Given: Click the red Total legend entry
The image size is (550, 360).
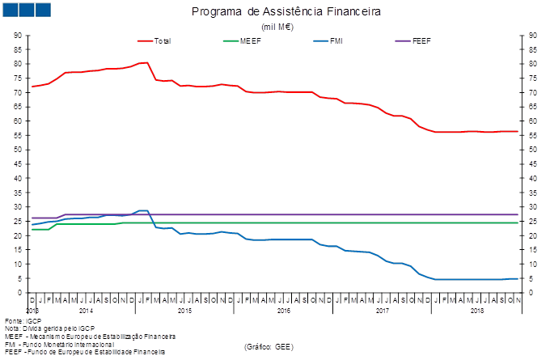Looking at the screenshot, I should [x=163, y=40].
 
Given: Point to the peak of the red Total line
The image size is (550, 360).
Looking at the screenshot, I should [x=146, y=62].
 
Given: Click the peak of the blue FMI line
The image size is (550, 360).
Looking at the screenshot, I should [x=144, y=210].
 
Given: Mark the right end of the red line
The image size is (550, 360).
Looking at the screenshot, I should [x=517, y=131].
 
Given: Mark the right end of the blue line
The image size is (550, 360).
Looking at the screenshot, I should [x=517, y=278].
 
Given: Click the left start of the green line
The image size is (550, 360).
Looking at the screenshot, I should [x=33, y=229].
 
